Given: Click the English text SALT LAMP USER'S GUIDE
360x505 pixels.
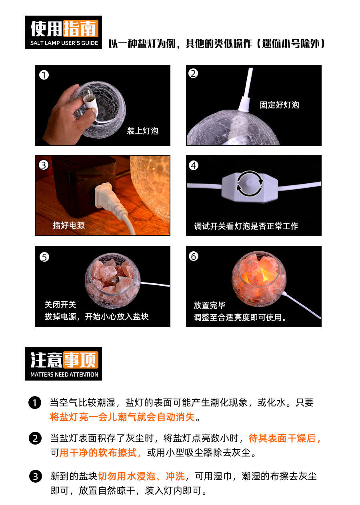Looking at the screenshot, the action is (64, 43).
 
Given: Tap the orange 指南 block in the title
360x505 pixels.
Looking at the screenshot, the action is (81, 29).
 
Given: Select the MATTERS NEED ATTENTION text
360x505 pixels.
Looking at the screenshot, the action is (64, 375).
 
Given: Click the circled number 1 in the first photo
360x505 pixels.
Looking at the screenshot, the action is (44, 75).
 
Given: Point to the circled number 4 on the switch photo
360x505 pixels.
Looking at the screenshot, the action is (194, 166).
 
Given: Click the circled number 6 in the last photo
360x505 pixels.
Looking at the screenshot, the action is (194, 257).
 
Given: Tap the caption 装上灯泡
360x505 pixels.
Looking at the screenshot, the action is (142, 131).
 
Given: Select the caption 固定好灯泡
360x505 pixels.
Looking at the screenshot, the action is (280, 105).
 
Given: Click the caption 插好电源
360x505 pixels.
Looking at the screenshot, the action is (69, 225).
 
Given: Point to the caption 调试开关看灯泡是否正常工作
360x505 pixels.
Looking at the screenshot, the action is (246, 226).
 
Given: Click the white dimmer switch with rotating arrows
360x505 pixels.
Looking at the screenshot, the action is (250, 186).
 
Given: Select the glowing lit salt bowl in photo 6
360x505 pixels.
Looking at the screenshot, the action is (259, 279).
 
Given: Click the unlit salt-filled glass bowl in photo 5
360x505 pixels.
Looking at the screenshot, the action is (113, 281).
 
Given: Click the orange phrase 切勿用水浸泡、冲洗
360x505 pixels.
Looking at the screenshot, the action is (141, 476).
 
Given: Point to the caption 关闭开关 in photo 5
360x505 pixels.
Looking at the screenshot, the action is (60, 305).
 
